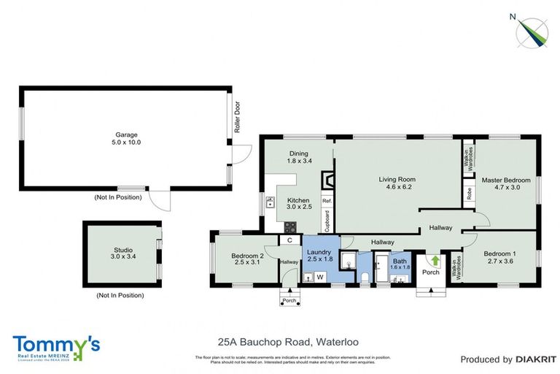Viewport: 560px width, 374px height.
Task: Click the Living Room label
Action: pyautogui.click(x=397, y=179)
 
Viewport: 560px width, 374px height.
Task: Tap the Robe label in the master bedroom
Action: pyautogui.click(x=468, y=194)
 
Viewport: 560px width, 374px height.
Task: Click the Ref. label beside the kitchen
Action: pyautogui.click(x=327, y=201)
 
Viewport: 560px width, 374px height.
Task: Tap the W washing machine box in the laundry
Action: pyautogui.click(x=319, y=277)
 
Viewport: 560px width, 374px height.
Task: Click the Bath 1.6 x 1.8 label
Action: pyautogui.click(x=399, y=264)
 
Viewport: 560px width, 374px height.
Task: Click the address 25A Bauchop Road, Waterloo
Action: pyautogui.click(x=287, y=341)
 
